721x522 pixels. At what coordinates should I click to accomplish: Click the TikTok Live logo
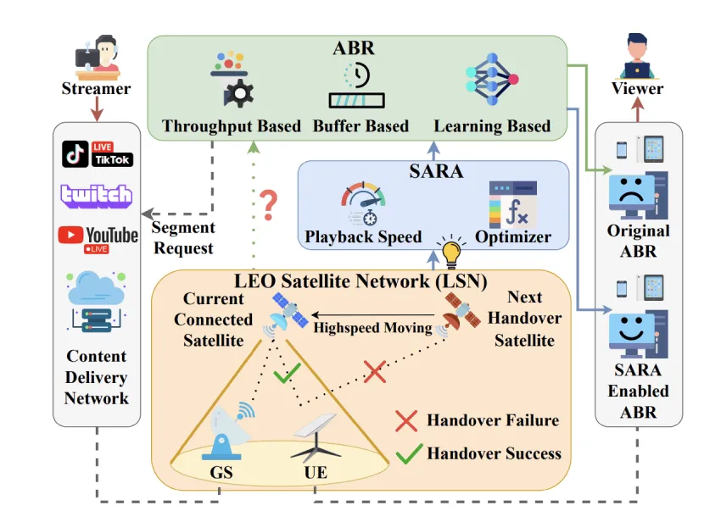(x=98, y=153)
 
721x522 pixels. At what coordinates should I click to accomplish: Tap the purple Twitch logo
(x=97, y=195)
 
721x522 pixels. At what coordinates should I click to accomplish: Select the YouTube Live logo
(x=98, y=236)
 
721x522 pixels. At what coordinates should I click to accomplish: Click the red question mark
(x=269, y=203)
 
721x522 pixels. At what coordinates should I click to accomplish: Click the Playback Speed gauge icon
(x=363, y=204)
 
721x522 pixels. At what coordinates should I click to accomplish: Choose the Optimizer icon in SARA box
(x=513, y=203)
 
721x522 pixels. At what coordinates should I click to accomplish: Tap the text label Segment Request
(x=183, y=237)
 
